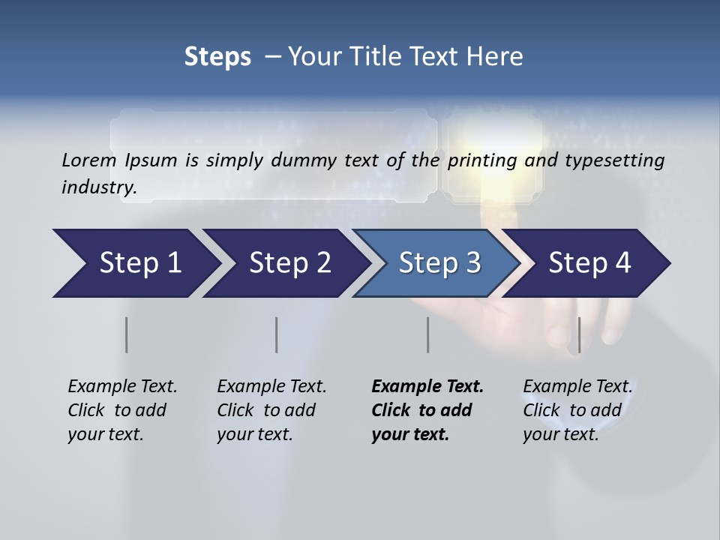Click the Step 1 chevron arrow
click(135, 263)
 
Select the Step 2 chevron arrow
click(289, 263)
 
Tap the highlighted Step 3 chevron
click(438, 263)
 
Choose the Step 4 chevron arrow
click(589, 263)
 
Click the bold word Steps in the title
click(217, 57)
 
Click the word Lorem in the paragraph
click(88, 160)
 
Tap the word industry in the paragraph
click(99, 187)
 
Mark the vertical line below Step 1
click(127, 334)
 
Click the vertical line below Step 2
click(277, 334)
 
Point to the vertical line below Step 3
click(427, 334)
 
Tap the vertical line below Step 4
click(578, 334)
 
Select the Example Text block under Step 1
click(122, 410)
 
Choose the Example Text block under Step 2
click(271, 410)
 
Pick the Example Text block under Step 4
click(577, 410)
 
